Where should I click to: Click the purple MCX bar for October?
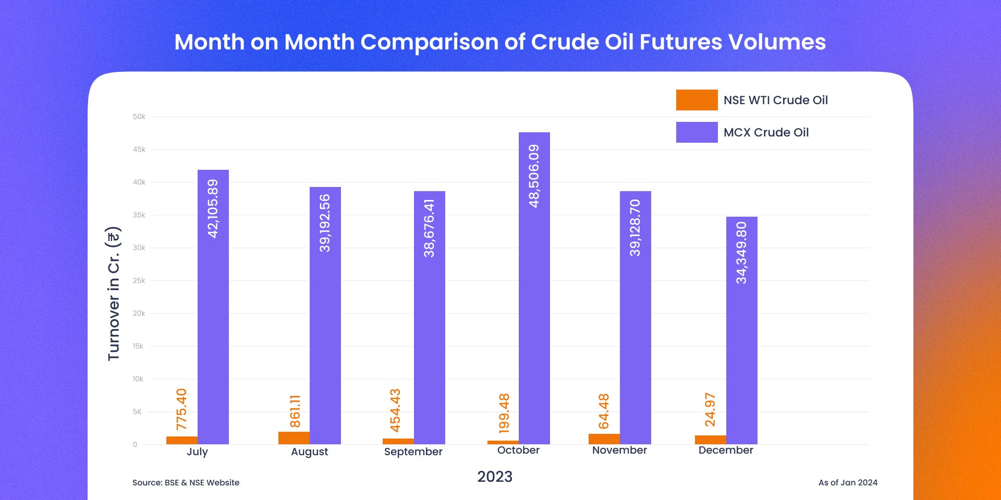(x=534, y=288)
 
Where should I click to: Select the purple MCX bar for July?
(x=213, y=307)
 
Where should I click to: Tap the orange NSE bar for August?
(x=294, y=438)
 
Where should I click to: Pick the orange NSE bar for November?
(x=604, y=439)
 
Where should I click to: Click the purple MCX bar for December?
(x=742, y=330)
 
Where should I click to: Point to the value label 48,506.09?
(x=534, y=176)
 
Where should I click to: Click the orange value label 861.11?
(x=295, y=411)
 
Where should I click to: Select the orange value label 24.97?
(x=710, y=410)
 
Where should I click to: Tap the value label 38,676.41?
(x=429, y=228)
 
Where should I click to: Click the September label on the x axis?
(x=413, y=452)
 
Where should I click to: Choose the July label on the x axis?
(x=197, y=452)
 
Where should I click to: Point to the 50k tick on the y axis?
(x=139, y=117)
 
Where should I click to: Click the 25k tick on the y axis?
(x=139, y=281)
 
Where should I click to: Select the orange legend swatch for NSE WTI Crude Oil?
(x=697, y=100)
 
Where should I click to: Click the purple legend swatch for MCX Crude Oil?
(x=697, y=132)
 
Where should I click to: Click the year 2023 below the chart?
(x=495, y=477)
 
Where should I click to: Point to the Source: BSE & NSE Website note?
(x=186, y=483)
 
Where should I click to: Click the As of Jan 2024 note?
(x=848, y=483)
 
